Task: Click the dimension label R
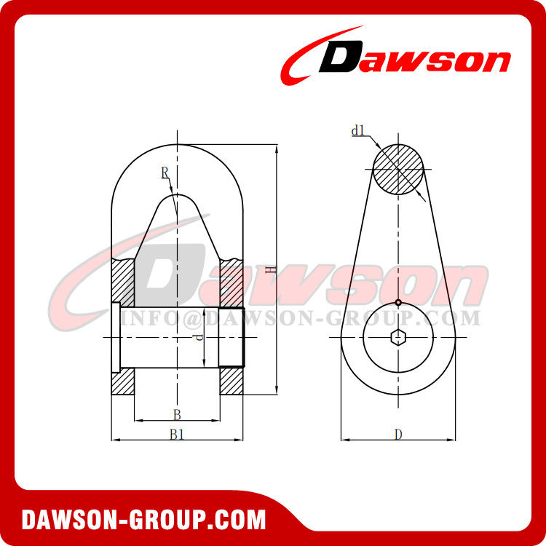[x=165, y=173]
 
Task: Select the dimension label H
[x=270, y=269]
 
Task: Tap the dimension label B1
[x=177, y=435]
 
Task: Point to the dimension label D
[x=398, y=435]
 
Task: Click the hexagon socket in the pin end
[x=398, y=338]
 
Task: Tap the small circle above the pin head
[x=398, y=303]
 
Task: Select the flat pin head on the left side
[x=115, y=337]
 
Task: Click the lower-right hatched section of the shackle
[x=232, y=382]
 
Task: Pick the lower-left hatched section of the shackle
[x=123, y=383]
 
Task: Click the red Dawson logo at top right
[x=397, y=57]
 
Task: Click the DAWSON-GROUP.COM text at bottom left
[x=143, y=520]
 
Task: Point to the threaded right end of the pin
[x=237, y=337]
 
